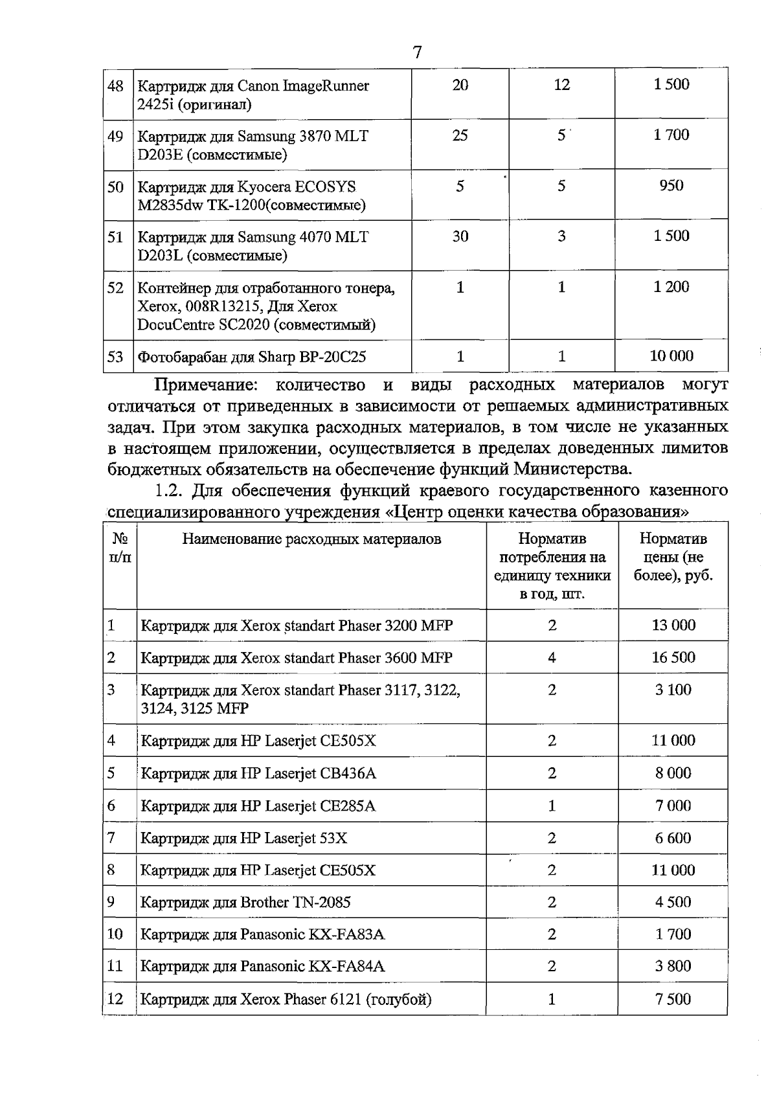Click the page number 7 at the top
[x=417, y=52]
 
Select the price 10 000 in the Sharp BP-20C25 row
[x=671, y=355]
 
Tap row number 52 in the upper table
[x=115, y=287]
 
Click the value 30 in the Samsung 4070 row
[x=460, y=236]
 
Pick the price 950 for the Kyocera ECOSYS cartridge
[x=671, y=186]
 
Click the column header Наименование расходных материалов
[x=311, y=539]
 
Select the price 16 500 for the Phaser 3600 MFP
[x=673, y=657]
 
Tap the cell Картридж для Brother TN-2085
[x=245, y=902]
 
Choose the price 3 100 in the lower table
[x=673, y=690]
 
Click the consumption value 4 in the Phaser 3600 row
[x=552, y=657]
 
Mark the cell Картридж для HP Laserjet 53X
[x=244, y=838]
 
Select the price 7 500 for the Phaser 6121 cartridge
[x=673, y=998]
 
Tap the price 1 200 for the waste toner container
[x=671, y=287]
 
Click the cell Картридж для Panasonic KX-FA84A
[x=262, y=966]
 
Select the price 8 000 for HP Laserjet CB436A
[x=673, y=772]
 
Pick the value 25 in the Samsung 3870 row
[x=460, y=135]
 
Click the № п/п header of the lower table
[x=120, y=548]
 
